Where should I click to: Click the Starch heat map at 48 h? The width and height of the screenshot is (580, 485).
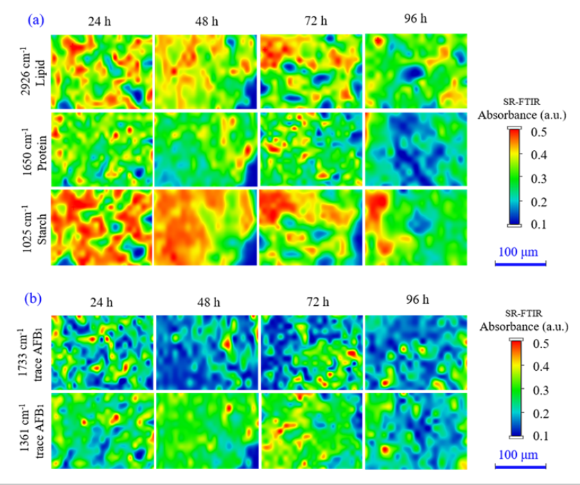(x=206, y=226)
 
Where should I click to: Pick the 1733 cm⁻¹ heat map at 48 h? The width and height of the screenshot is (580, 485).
(x=206, y=351)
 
